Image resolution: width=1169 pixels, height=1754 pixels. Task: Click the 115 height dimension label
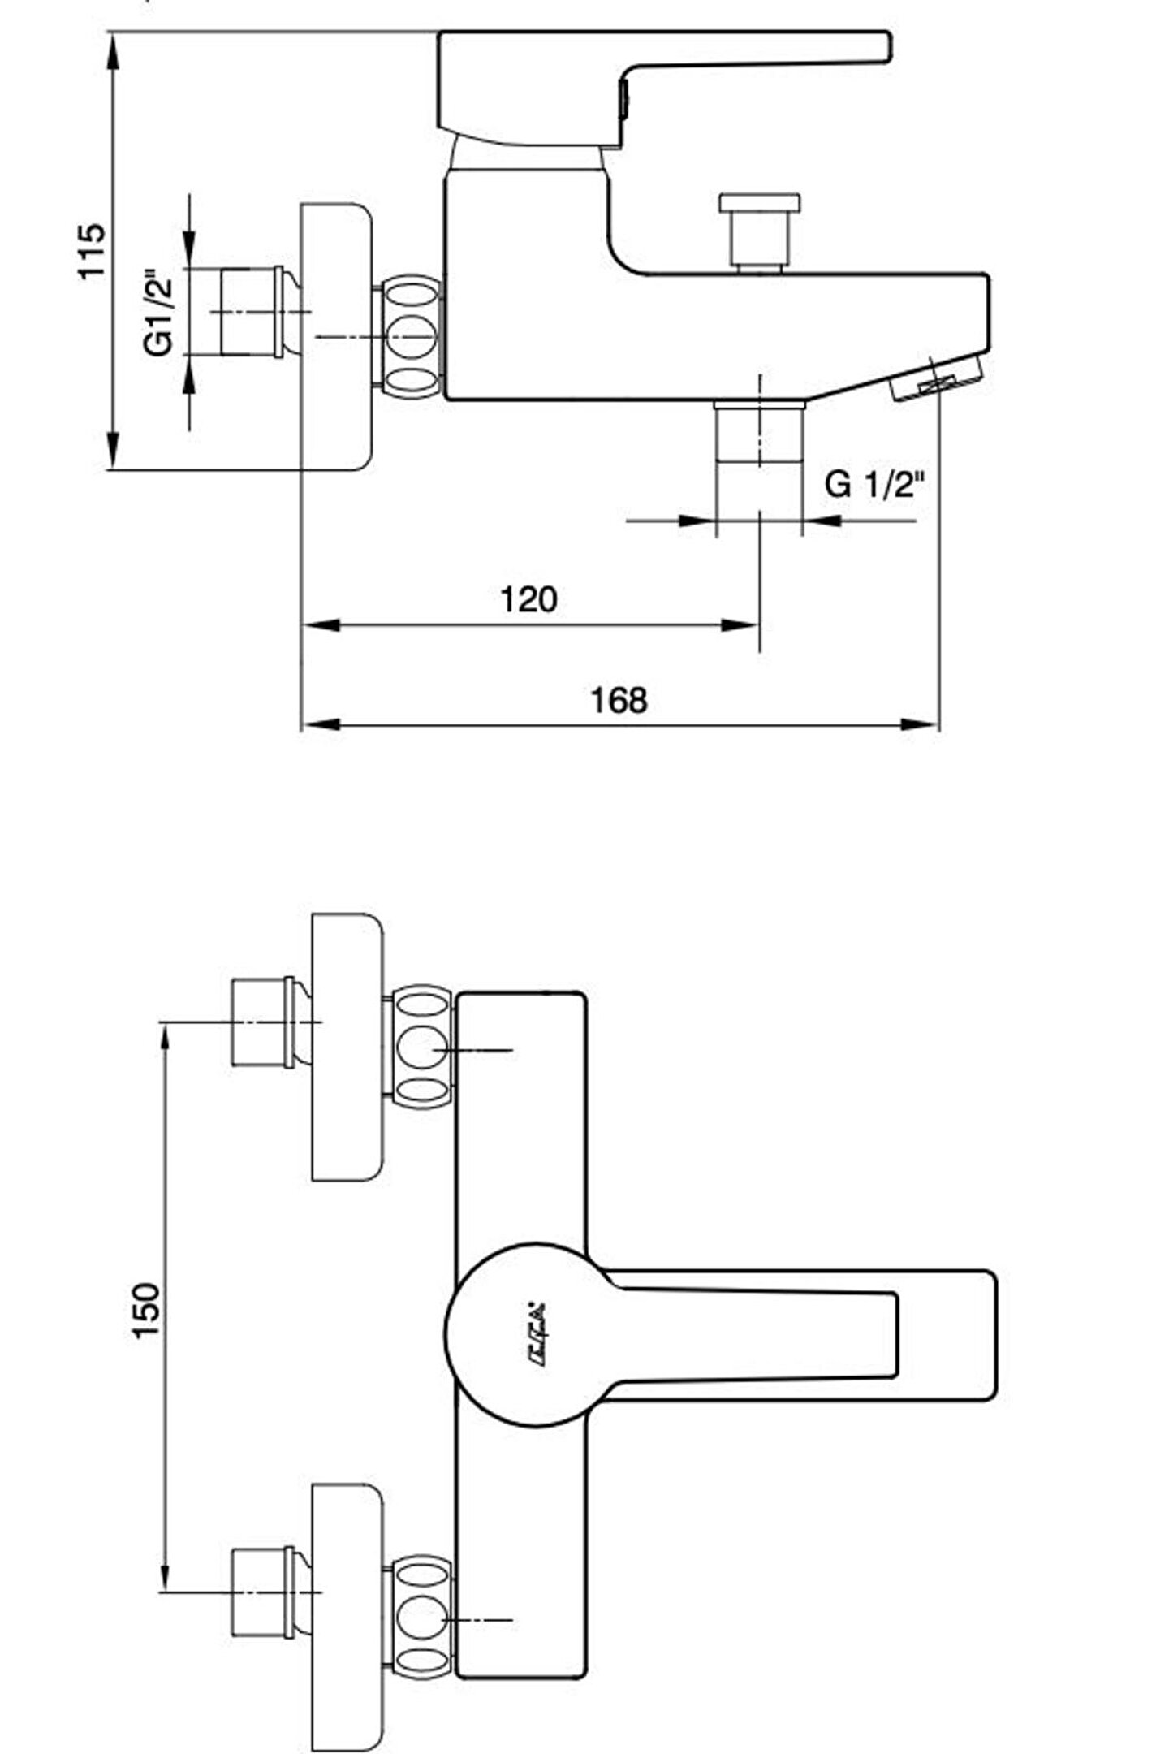tap(91, 250)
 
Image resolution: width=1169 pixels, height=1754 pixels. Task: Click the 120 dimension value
tap(528, 600)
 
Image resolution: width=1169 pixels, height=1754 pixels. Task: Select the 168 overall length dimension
tap(619, 700)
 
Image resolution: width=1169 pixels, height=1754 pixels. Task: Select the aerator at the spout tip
tap(938, 378)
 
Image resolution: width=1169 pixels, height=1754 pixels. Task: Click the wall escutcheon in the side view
tap(336, 336)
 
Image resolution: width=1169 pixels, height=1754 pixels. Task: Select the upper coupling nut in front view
tap(421, 1047)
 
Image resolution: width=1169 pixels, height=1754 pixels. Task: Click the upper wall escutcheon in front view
tap(347, 1047)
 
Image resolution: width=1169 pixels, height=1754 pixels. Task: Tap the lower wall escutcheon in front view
tap(347, 1616)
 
